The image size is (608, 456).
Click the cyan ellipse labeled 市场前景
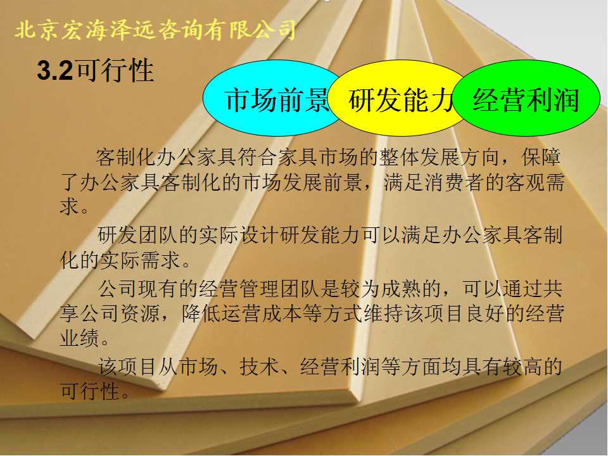(x=272, y=99)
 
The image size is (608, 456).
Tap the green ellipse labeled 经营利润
(x=526, y=99)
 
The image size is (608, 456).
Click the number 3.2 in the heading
(x=54, y=71)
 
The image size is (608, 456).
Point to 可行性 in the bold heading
(x=115, y=70)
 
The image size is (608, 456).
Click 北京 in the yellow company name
(x=35, y=30)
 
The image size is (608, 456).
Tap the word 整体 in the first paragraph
(x=400, y=157)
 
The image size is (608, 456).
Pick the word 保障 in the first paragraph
(x=541, y=157)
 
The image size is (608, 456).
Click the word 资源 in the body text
(x=141, y=313)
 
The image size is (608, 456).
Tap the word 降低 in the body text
(x=201, y=313)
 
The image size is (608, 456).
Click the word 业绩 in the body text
(x=80, y=338)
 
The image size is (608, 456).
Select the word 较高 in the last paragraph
(x=521, y=367)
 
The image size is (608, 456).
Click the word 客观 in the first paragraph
(x=524, y=182)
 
